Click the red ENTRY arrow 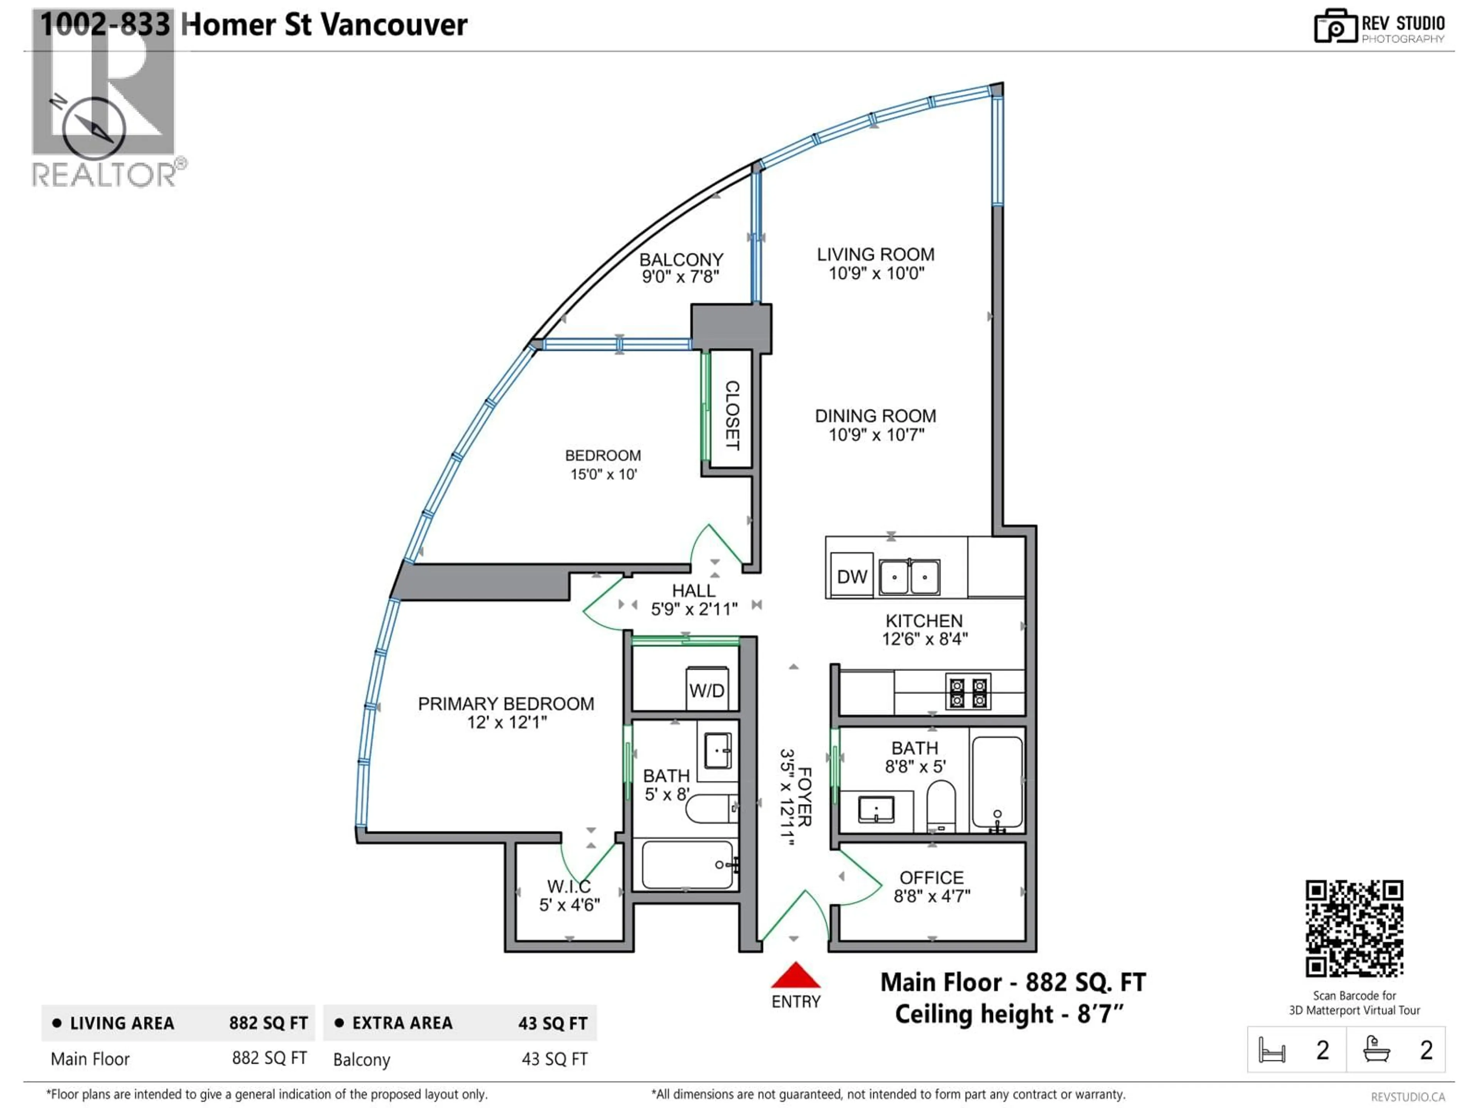[x=795, y=976]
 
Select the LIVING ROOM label [x=875, y=254]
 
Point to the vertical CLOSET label [x=732, y=415]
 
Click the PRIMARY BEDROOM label [x=506, y=704]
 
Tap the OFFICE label [x=931, y=878]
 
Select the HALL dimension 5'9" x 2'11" [x=694, y=609]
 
